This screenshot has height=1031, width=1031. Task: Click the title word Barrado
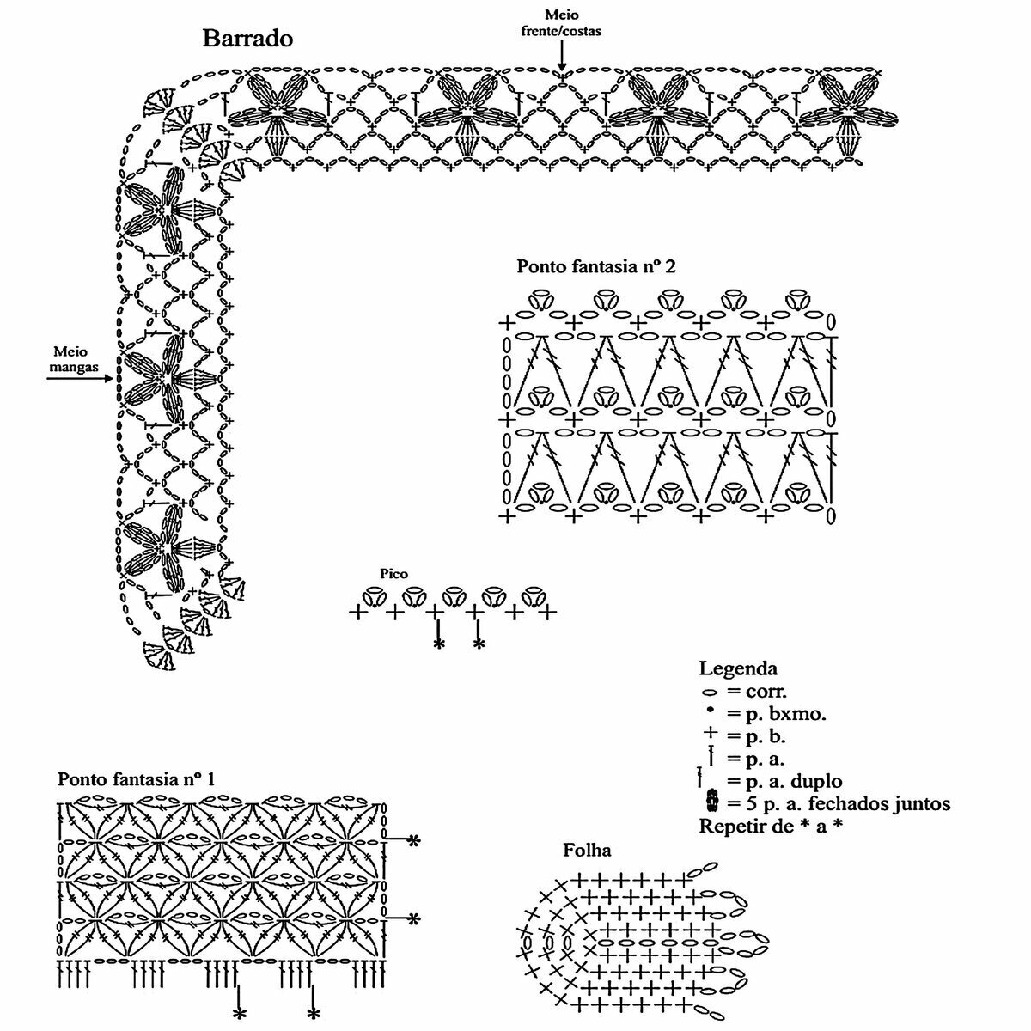(247, 39)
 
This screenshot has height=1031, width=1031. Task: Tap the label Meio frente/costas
(561, 23)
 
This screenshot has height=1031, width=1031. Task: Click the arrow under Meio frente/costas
(561, 57)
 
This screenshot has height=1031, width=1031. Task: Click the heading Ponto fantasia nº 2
(595, 266)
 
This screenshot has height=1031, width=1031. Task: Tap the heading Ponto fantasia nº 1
(136, 779)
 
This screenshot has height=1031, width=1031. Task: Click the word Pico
(393, 573)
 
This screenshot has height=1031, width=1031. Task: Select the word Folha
(587, 851)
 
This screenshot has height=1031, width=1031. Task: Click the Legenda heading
(738, 668)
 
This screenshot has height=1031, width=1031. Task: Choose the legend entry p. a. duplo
(784, 782)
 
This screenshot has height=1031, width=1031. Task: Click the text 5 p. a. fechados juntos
(838, 804)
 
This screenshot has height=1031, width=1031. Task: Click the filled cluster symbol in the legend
(711, 803)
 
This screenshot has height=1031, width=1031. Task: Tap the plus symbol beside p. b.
(710, 735)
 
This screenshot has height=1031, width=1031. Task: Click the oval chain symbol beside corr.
(710, 691)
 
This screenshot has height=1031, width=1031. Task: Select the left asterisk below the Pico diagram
(439, 644)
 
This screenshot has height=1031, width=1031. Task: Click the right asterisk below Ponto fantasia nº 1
(314, 1015)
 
